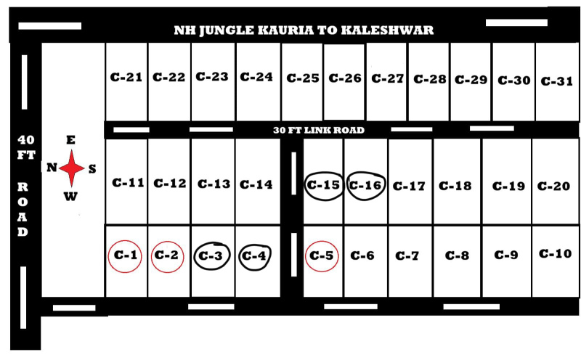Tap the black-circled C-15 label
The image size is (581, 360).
(324, 185)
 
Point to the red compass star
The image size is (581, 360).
(72, 168)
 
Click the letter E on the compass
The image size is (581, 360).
(70, 140)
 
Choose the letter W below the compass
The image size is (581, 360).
(71, 196)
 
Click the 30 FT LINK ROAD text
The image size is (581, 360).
(318, 131)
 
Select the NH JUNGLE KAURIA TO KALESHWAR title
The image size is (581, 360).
(304, 30)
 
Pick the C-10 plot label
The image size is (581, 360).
(556, 254)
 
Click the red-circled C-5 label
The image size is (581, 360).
(322, 255)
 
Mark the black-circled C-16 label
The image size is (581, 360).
(365, 185)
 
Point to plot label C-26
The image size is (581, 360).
(344, 78)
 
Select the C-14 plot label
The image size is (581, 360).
(256, 184)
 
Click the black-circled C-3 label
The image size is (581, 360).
(212, 255)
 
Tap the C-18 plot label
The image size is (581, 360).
(455, 186)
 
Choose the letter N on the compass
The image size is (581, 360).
(52, 168)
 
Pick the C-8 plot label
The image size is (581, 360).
(457, 255)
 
